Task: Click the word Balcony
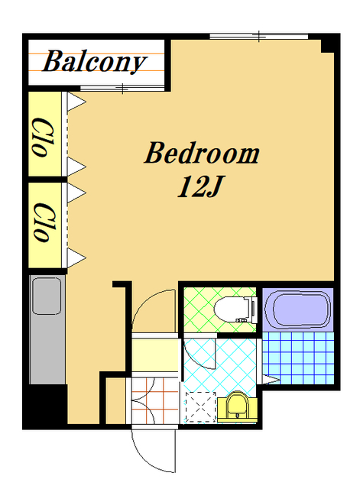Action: (94, 62)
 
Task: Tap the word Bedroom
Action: (202, 153)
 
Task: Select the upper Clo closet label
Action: (44, 137)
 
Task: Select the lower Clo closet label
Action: (44, 222)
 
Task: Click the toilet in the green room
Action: (236, 310)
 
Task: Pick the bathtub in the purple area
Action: (297, 309)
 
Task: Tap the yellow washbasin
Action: (237, 406)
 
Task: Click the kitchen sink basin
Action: (47, 296)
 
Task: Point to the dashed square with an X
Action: (200, 407)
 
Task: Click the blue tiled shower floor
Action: (298, 358)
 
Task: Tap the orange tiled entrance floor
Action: (154, 401)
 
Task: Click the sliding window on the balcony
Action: (122, 89)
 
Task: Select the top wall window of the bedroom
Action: (259, 36)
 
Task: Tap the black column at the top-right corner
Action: (330, 43)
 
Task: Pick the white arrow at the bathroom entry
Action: (271, 380)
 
